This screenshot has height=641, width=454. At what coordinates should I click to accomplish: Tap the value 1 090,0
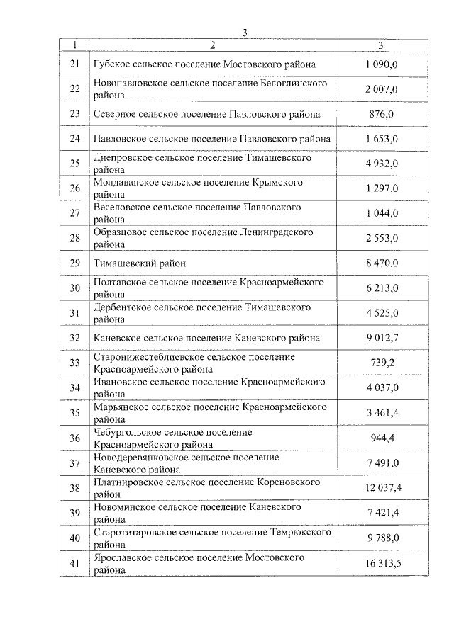pos(382,64)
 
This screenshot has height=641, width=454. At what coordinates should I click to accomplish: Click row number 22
pos(75,89)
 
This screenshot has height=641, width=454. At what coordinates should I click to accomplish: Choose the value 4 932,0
pos(382,164)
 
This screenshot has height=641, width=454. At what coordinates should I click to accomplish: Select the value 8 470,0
pos(382,263)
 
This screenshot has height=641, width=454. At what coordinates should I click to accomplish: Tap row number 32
pos(75,338)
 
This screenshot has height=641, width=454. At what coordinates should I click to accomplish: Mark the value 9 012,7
pos(382,338)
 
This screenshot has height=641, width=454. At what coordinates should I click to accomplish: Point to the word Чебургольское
pos(128,432)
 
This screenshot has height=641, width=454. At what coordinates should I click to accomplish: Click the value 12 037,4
pos(382,487)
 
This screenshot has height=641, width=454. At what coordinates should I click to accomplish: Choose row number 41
pos(75,562)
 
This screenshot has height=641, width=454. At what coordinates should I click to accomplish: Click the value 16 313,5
pos(382,562)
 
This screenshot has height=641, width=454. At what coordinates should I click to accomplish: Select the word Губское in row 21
pos(112,64)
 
